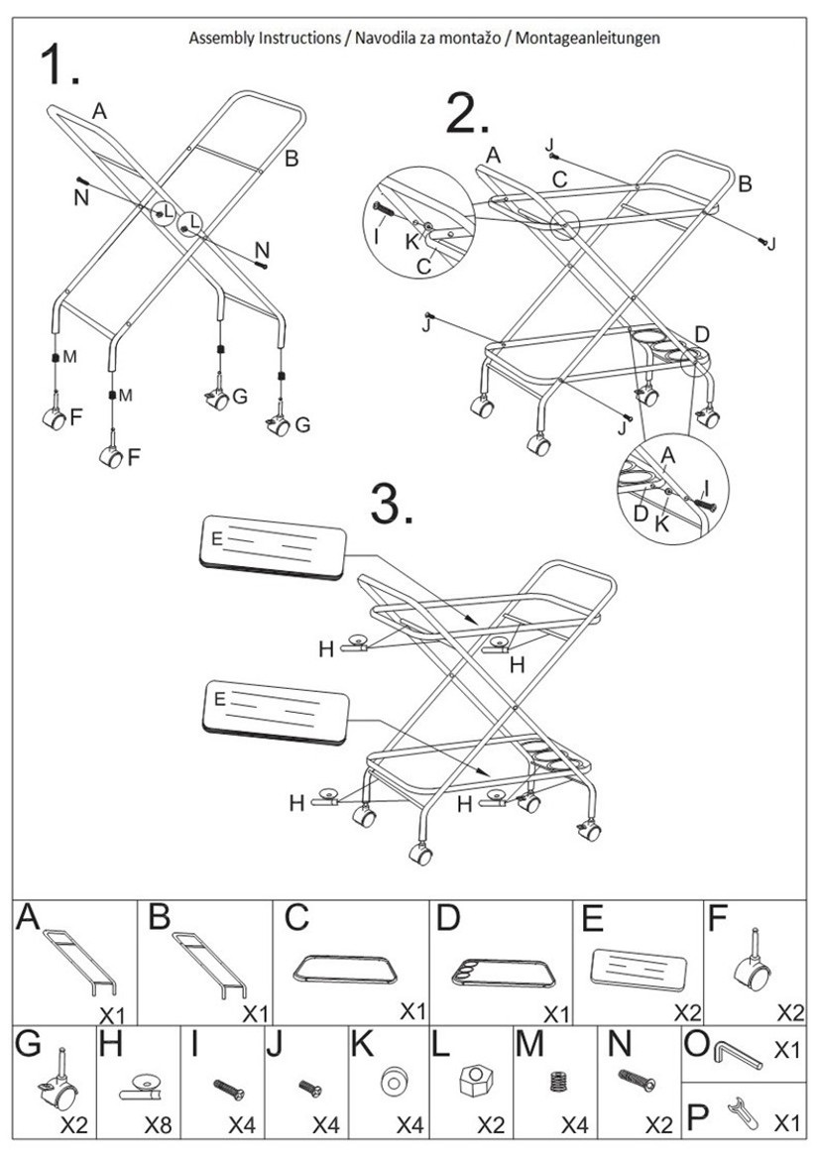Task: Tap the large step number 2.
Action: [x=467, y=115]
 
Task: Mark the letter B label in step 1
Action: [x=292, y=158]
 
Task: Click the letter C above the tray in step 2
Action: [x=560, y=180]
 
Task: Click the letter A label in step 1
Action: [x=98, y=111]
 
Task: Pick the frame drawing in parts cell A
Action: [x=82, y=960]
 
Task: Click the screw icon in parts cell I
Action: [x=228, y=1089]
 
